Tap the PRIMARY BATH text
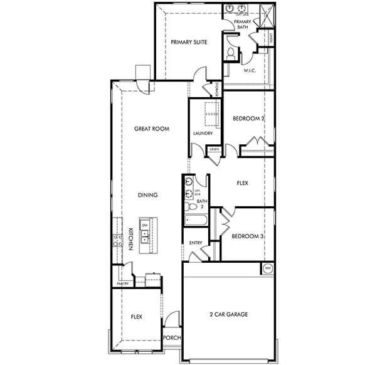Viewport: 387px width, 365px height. click(x=242, y=24)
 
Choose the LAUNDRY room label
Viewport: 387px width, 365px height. click(x=203, y=133)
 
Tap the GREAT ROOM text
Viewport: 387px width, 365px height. click(x=152, y=129)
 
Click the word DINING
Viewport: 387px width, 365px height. click(x=147, y=195)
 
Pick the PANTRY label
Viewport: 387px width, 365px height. click(x=123, y=284)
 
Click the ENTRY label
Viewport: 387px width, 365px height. click(x=195, y=242)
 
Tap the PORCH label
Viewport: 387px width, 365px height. click(x=172, y=337)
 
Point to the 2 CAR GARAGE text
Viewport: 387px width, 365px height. click(x=228, y=314)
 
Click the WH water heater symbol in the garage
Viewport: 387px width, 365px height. click(x=268, y=268)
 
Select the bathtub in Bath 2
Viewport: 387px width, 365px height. click(x=198, y=221)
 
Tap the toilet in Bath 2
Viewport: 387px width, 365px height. click(x=188, y=206)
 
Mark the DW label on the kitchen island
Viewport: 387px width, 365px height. click(x=145, y=225)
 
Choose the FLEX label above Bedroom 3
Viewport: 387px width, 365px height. click(x=241, y=184)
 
